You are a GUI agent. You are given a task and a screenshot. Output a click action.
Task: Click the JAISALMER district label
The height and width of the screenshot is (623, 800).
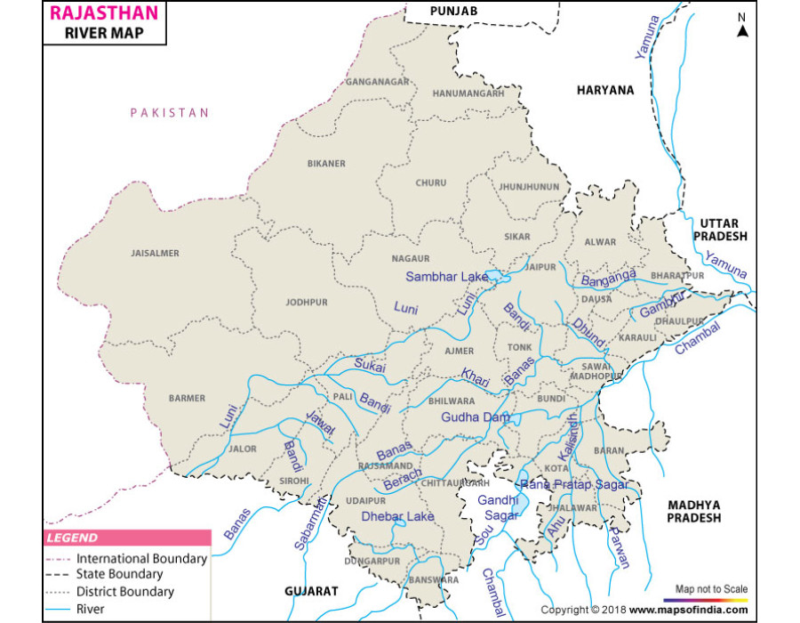[x=155, y=254]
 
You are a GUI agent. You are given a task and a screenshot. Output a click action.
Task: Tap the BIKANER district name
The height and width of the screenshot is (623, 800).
[x=326, y=164]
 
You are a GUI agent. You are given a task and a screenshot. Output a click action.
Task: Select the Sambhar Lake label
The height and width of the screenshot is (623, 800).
[x=447, y=277]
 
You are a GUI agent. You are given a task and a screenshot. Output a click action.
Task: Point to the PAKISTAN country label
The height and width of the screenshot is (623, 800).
[x=169, y=113]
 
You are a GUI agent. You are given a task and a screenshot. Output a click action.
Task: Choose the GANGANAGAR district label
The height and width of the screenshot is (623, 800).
[x=378, y=82]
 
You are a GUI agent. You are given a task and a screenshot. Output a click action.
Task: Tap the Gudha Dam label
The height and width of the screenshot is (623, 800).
[x=476, y=417]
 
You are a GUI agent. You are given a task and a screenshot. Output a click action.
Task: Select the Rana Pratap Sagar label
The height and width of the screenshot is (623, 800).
[x=573, y=485]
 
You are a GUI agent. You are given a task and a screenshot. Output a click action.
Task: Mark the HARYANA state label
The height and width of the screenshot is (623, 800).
[x=605, y=90]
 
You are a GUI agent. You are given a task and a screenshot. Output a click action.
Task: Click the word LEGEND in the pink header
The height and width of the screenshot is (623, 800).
[x=73, y=538]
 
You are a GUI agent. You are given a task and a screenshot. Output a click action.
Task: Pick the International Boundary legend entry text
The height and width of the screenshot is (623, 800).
[x=141, y=559]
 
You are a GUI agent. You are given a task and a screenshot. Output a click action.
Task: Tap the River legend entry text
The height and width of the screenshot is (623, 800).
[x=91, y=610]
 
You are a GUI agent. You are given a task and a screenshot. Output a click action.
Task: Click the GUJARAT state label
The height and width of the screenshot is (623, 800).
[x=312, y=591]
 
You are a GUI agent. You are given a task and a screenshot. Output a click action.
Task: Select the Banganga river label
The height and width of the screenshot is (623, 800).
[x=608, y=279]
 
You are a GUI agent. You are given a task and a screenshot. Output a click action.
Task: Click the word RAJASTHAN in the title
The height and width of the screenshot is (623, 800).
[x=104, y=13]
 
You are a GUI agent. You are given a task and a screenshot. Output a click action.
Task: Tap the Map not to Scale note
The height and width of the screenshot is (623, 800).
[x=711, y=589]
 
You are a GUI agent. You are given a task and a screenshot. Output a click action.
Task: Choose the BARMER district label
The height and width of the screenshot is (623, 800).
[x=187, y=399]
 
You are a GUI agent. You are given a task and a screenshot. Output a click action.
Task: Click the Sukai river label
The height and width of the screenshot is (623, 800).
[x=371, y=364]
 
